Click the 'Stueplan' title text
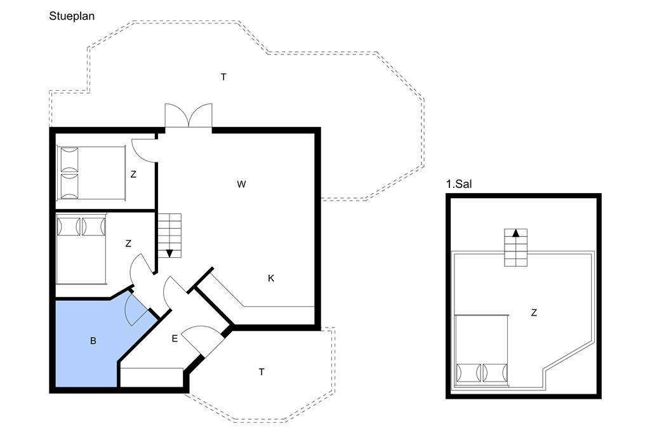(72, 16)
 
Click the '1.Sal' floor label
(459, 184)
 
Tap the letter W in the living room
(241, 184)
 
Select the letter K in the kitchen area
(271, 278)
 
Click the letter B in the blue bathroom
(93, 341)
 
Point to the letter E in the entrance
(175, 339)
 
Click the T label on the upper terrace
(223, 77)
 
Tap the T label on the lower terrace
(262, 372)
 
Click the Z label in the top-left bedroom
(133, 175)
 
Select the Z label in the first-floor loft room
(534, 313)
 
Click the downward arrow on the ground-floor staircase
(169, 253)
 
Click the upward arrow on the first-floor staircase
(515, 232)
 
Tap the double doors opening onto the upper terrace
(189, 116)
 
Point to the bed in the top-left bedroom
(91, 173)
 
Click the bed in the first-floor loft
(481, 350)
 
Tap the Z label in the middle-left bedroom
(128, 244)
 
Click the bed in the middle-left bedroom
(81, 249)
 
